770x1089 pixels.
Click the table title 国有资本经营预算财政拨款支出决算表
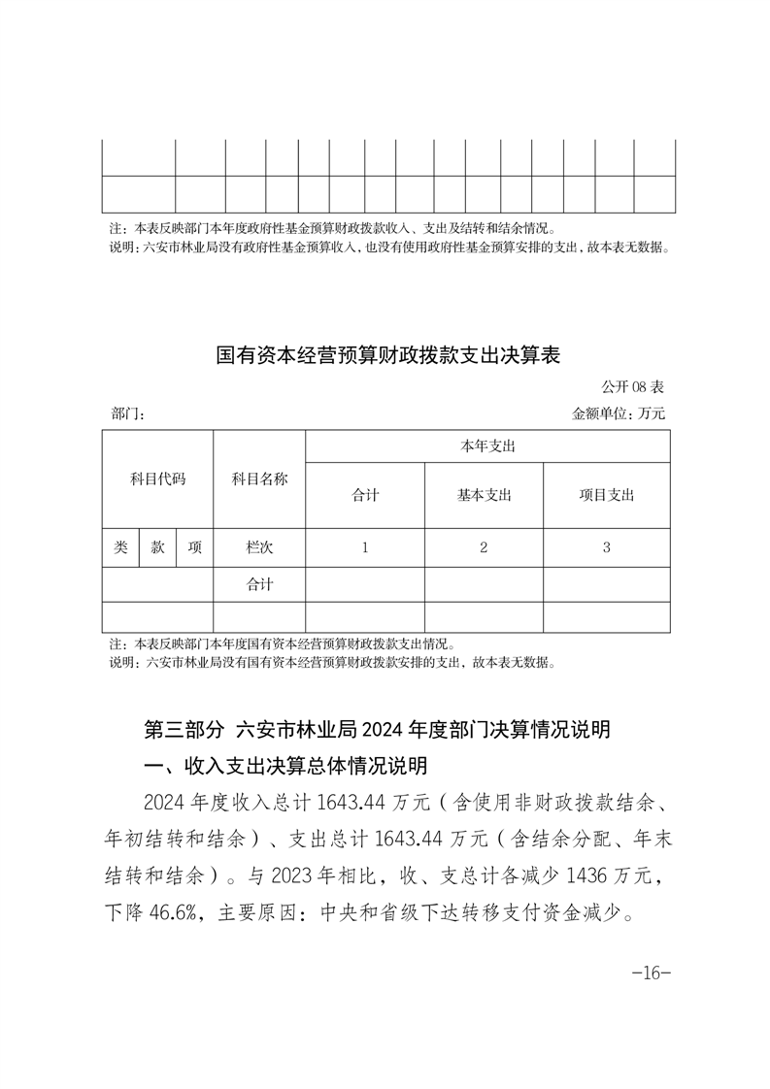click(387, 356)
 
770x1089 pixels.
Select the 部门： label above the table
click(128, 414)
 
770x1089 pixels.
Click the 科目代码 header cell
click(157, 479)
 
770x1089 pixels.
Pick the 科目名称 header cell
click(259, 479)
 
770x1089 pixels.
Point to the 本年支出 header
click(486, 446)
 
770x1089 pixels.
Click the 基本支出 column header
click(484, 495)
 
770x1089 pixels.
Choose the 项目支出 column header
click(606, 495)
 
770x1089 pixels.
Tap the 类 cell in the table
click(120, 547)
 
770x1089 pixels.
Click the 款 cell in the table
click(157, 547)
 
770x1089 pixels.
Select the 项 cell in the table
click(194, 547)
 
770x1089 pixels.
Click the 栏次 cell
click(259, 547)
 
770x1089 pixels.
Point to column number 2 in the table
click(484, 547)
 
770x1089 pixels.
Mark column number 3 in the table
click(606, 547)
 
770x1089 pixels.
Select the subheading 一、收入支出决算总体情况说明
click(285, 767)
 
